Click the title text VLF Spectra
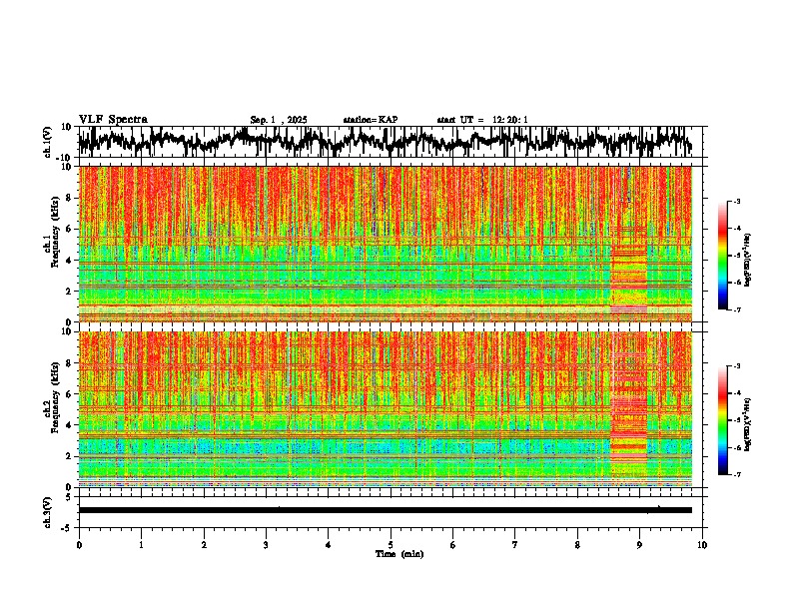click(x=113, y=119)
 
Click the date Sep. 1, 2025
click(x=279, y=120)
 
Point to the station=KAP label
click(x=370, y=120)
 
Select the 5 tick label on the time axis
click(x=391, y=544)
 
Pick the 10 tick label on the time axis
click(x=702, y=544)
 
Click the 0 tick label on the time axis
click(x=79, y=544)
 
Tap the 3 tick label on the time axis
click(x=266, y=544)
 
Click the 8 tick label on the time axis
click(x=577, y=544)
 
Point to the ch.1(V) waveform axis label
click(x=48, y=142)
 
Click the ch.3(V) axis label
click(x=48, y=510)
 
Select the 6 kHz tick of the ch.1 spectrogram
click(x=71, y=229)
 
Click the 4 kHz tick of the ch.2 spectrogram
click(x=71, y=425)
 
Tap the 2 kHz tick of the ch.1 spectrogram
click(x=71, y=292)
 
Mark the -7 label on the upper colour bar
click(x=737, y=311)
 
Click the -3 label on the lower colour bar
click(x=737, y=367)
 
